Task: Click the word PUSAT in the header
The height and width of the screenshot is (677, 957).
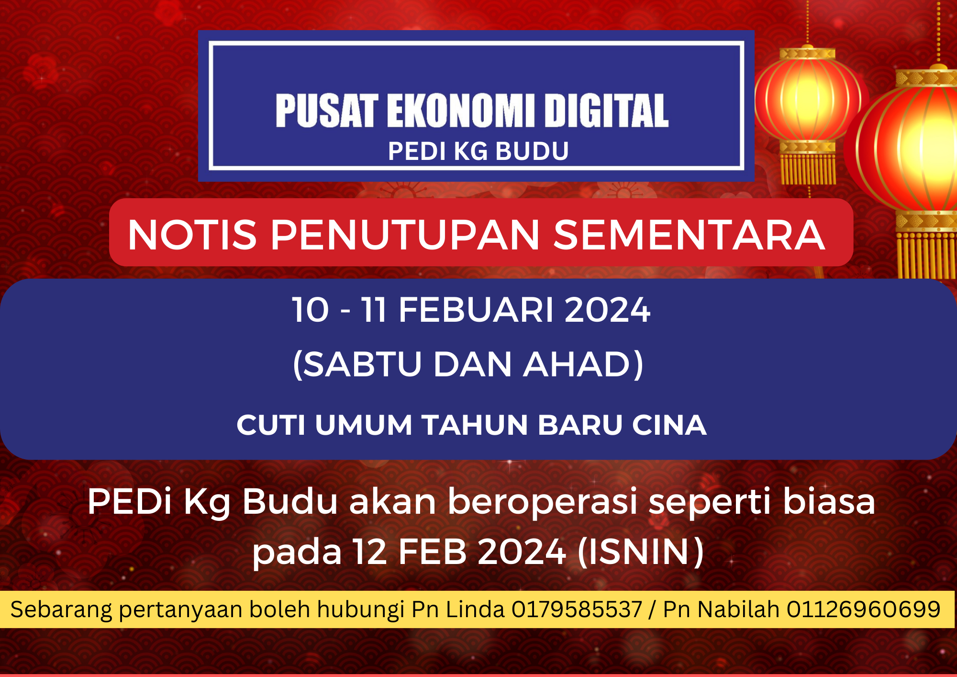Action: tap(327, 111)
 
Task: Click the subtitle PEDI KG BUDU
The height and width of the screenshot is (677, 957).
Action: tap(478, 151)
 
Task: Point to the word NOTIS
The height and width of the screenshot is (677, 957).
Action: tap(192, 235)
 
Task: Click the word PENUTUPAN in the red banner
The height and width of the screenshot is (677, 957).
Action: tap(406, 235)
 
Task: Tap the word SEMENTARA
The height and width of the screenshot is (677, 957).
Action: tap(690, 235)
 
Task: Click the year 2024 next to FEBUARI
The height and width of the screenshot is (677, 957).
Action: tap(608, 310)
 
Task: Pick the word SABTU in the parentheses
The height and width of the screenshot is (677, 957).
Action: tap(362, 364)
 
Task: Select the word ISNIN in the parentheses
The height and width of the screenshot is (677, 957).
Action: tap(641, 552)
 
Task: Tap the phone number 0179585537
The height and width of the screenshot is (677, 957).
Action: tap(577, 609)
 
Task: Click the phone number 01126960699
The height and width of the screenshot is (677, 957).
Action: tap(864, 609)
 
